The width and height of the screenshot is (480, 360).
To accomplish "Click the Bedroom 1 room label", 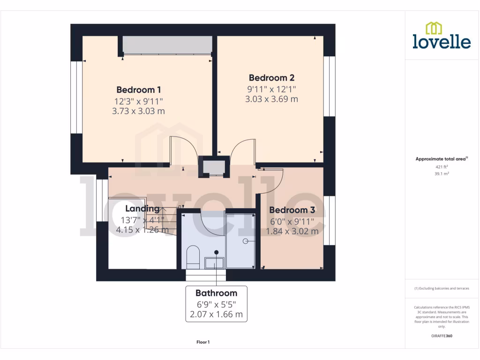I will tap(139, 90).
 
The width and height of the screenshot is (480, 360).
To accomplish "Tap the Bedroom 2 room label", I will tap(271, 78).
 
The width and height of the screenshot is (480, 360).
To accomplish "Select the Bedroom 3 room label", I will tap(292, 210).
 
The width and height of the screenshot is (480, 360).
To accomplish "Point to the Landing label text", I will tap(142, 209).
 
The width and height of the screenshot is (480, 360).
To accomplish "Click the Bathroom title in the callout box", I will tap(216, 293).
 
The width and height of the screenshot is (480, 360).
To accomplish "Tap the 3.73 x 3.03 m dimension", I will tap(139, 111).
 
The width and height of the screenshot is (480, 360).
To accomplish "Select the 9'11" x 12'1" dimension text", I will tap(271, 89).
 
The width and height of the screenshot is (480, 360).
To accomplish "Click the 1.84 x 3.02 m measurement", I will tap(292, 231).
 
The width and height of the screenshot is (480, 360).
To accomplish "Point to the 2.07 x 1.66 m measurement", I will tap(216, 314).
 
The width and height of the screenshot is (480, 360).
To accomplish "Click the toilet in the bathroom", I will tap(193, 257).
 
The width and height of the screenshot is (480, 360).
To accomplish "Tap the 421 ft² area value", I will tap(442, 166).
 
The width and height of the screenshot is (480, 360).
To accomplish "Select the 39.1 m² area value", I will tap(442, 173).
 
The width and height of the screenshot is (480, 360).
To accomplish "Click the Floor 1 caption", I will tap(203, 342).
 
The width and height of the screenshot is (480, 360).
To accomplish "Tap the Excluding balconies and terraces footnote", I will tap(442, 288).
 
